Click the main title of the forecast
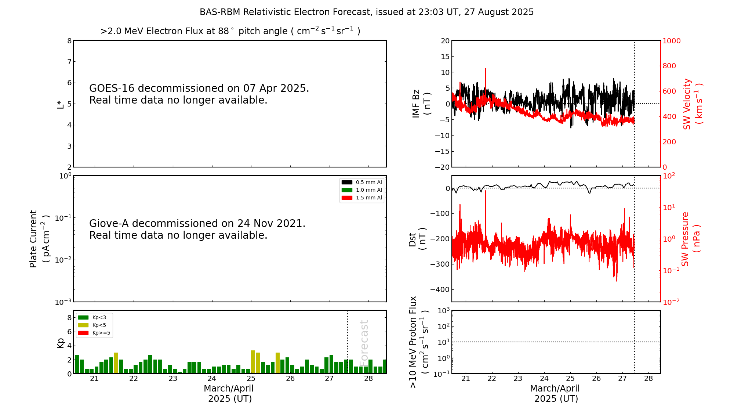pyautogui.click(x=366, y=12)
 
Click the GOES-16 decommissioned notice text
pyautogui.click(x=199, y=94)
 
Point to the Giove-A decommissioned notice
pyautogui.click(x=197, y=229)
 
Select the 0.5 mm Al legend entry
pyautogui.click(x=362, y=182)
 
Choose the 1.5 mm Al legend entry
pyautogui.click(x=362, y=198)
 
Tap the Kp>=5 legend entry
pyautogui.click(x=94, y=333)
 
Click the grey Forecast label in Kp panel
pyautogui.click(x=364, y=343)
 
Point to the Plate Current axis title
pyautogui.click(x=39, y=239)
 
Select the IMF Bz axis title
pyautogui.click(x=421, y=104)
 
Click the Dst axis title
pyautogui.click(x=417, y=239)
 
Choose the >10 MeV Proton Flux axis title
pyautogui.click(x=419, y=342)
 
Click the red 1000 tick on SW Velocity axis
pyautogui.click(x=671, y=41)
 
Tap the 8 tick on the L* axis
pyautogui.click(x=69, y=41)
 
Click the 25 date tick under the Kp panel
pyautogui.click(x=251, y=379)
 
